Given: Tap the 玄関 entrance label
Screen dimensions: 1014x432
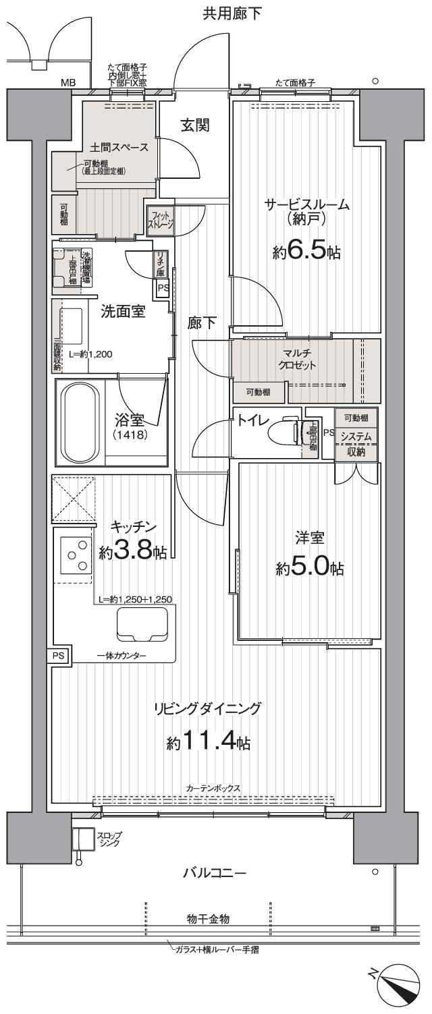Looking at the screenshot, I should pos(194,125).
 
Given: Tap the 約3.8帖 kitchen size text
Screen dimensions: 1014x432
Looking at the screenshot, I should pos(132,552).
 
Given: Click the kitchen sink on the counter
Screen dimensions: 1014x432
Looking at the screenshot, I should pos(142,624).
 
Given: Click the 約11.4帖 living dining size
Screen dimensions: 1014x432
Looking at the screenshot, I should pos(209,743).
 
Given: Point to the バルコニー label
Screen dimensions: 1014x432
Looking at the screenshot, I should pos(215,874).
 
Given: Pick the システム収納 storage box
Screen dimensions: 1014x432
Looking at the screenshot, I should pos(356,445).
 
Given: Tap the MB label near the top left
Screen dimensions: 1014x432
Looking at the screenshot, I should pos(68,83).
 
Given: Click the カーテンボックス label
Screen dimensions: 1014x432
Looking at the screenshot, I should pos(214,788).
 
